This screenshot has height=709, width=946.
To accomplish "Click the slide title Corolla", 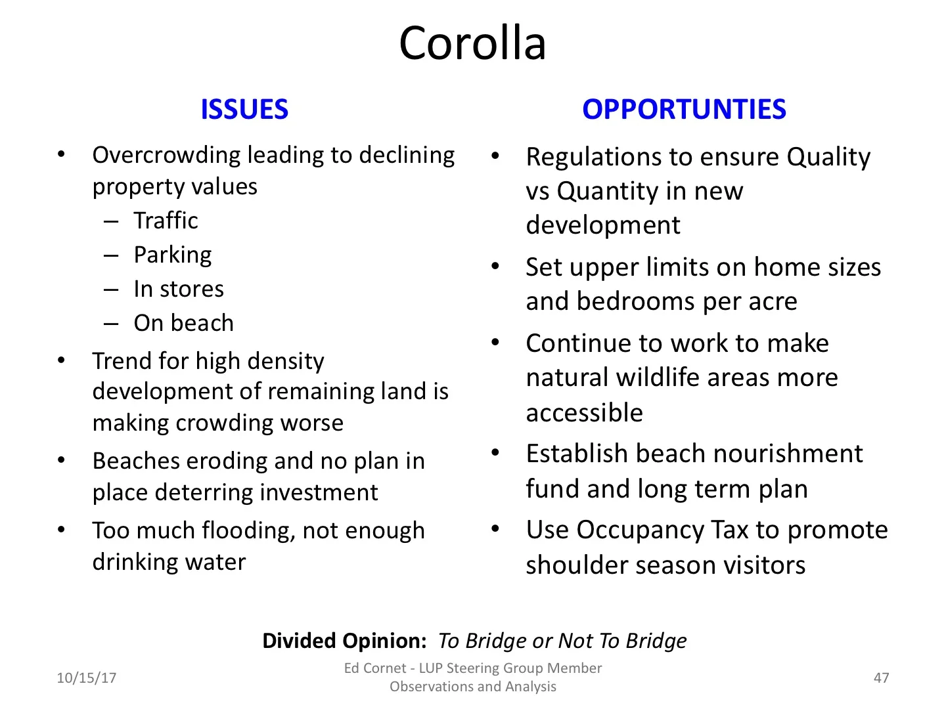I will click(x=472, y=43).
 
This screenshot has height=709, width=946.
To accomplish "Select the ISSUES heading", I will click(x=244, y=110).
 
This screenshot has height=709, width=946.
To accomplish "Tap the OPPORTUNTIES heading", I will click(x=684, y=110).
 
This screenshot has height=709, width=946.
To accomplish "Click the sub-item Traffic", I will click(x=166, y=221).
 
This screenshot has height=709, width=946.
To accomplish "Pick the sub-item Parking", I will click(x=173, y=255).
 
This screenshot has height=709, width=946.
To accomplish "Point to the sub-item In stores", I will click(x=179, y=289).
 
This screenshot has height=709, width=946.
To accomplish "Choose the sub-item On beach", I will click(x=184, y=323).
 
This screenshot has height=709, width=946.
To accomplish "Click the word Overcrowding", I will click(x=167, y=156).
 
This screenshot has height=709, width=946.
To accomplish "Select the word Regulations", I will click(x=594, y=157).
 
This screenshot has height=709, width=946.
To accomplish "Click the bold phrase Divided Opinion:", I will click(x=344, y=641).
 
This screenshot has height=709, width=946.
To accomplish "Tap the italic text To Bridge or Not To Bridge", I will click(x=562, y=641).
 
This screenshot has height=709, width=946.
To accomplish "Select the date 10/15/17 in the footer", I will click(x=87, y=678).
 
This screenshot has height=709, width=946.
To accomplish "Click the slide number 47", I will click(x=881, y=678).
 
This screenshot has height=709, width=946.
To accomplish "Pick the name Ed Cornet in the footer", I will click(x=375, y=668).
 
